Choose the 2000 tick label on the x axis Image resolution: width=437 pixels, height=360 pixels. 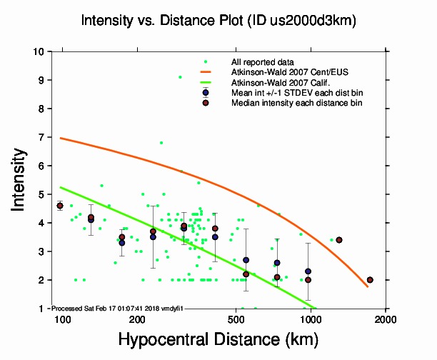[x=386, y=319]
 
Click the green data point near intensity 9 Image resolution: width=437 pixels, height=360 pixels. [x=180, y=77]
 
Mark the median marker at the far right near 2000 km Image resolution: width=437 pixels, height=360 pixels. [x=370, y=280]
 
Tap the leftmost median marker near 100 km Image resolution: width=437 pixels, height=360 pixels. [x=60, y=206]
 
